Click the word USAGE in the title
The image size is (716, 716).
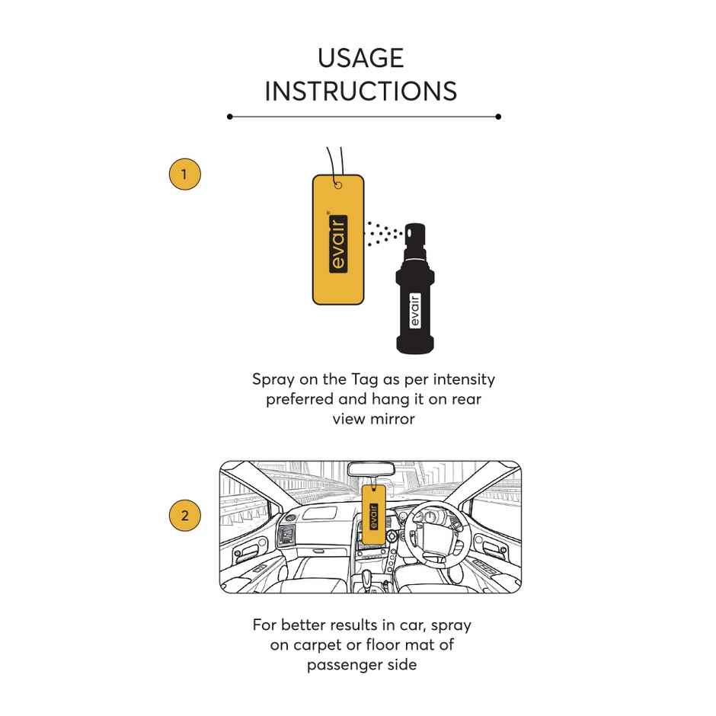[360, 58]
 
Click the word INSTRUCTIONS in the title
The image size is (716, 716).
[360, 91]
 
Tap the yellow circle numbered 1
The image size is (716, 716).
[184, 174]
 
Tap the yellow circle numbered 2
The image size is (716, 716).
[184, 516]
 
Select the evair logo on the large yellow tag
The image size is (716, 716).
[338, 243]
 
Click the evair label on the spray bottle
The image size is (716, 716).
[415, 311]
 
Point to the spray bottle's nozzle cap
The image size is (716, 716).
[416, 239]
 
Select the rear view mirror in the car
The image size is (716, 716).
[371, 471]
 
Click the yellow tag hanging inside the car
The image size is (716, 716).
[372, 515]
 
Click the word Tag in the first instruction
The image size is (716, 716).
[366, 379]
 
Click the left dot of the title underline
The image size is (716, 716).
[229, 117]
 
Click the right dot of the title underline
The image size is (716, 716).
[498, 117]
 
